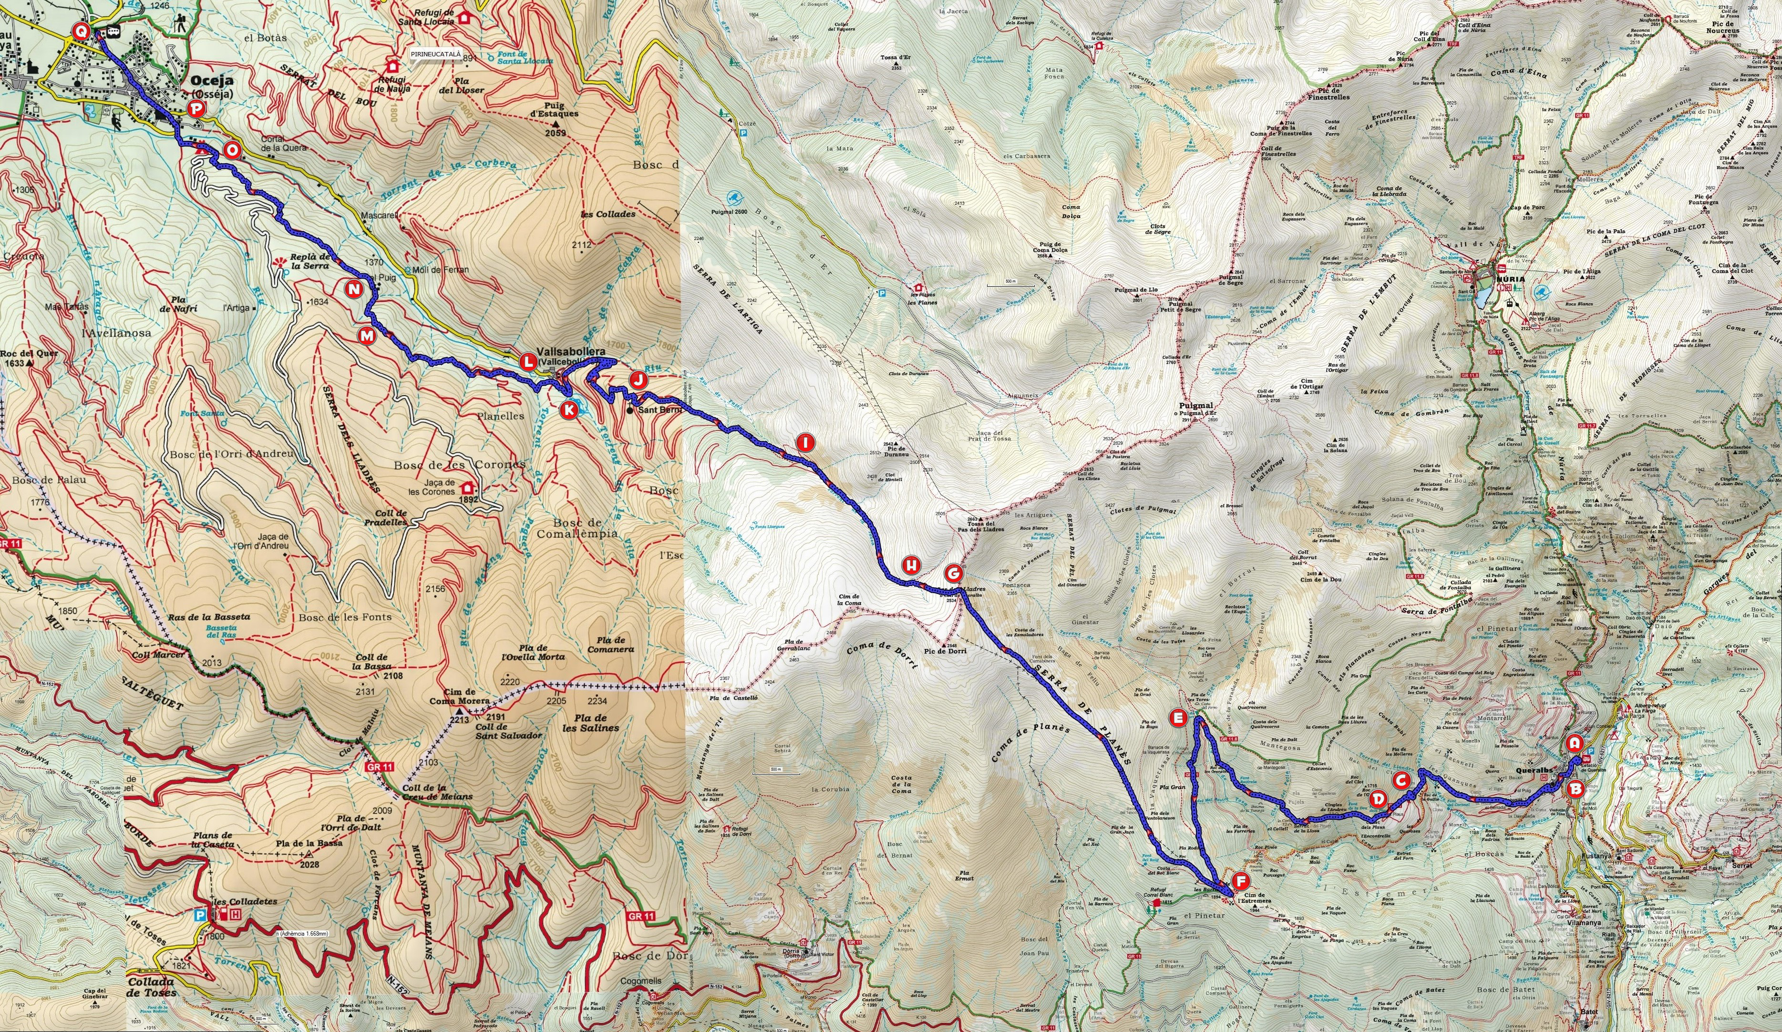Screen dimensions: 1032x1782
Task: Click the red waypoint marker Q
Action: click(x=82, y=31)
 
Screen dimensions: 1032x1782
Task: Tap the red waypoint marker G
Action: click(x=953, y=572)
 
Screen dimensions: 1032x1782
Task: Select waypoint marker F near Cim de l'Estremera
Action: click(x=1240, y=881)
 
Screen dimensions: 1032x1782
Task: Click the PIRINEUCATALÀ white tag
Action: click(x=435, y=54)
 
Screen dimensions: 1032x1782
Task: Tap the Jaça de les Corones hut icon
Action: click(x=467, y=487)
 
